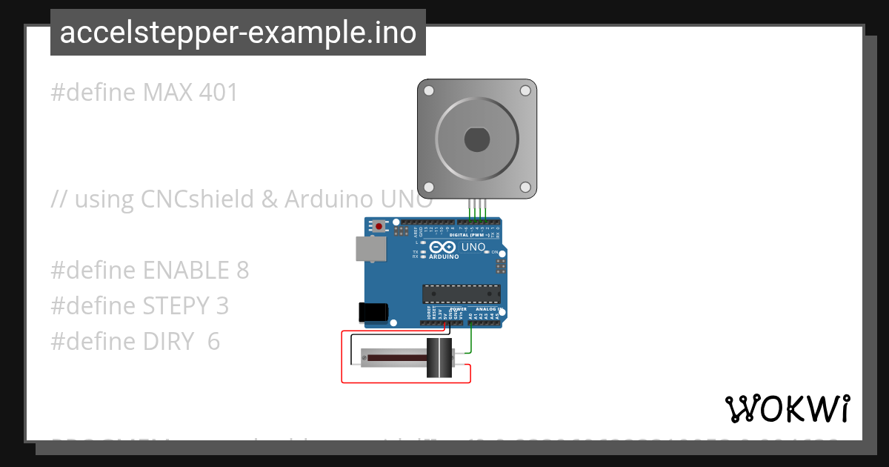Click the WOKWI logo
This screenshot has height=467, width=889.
[x=787, y=408]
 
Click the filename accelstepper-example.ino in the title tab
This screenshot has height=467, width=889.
[x=238, y=33]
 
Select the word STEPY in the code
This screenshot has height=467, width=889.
[x=178, y=305]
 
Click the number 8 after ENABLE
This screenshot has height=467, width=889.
[x=242, y=271]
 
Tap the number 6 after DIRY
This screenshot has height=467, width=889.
[x=213, y=341]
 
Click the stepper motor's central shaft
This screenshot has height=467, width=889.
[x=476, y=139]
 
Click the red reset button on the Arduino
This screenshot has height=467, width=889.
[x=379, y=225]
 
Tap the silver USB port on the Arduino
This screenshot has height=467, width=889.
[x=370, y=249]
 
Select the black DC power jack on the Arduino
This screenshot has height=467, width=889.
[x=373, y=313]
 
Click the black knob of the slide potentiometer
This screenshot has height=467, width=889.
[x=439, y=359]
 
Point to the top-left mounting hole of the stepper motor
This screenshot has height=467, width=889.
[x=429, y=90]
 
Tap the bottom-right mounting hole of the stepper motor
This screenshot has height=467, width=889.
[x=525, y=187]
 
